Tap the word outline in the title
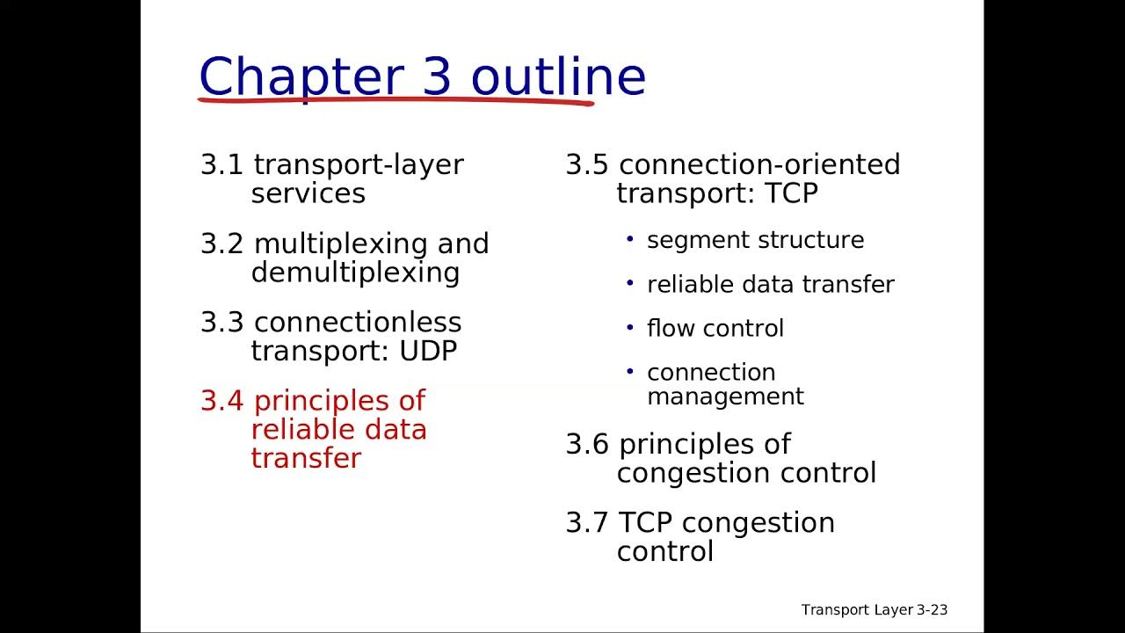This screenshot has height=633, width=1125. (x=558, y=76)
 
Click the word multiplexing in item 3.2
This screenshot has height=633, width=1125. (x=338, y=244)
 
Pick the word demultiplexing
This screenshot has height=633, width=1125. (x=355, y=273)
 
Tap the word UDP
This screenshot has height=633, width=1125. (x=428, y=352)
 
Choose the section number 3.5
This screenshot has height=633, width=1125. (x=586, y=165)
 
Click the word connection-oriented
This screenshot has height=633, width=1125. (x=759, y=165)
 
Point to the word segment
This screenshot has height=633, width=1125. (x=689, y=241)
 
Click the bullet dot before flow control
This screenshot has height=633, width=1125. (x=629, y=327)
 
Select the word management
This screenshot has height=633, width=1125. (x=725, y=397)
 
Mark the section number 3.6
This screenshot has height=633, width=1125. (x=586, y=445)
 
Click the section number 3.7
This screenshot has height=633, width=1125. (x=586, y=523)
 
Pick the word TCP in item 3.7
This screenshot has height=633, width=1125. (x=645, y=523)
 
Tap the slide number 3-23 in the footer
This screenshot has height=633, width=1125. (x=929, y=610)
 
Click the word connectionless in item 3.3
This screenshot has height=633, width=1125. (x=357, y=323)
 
